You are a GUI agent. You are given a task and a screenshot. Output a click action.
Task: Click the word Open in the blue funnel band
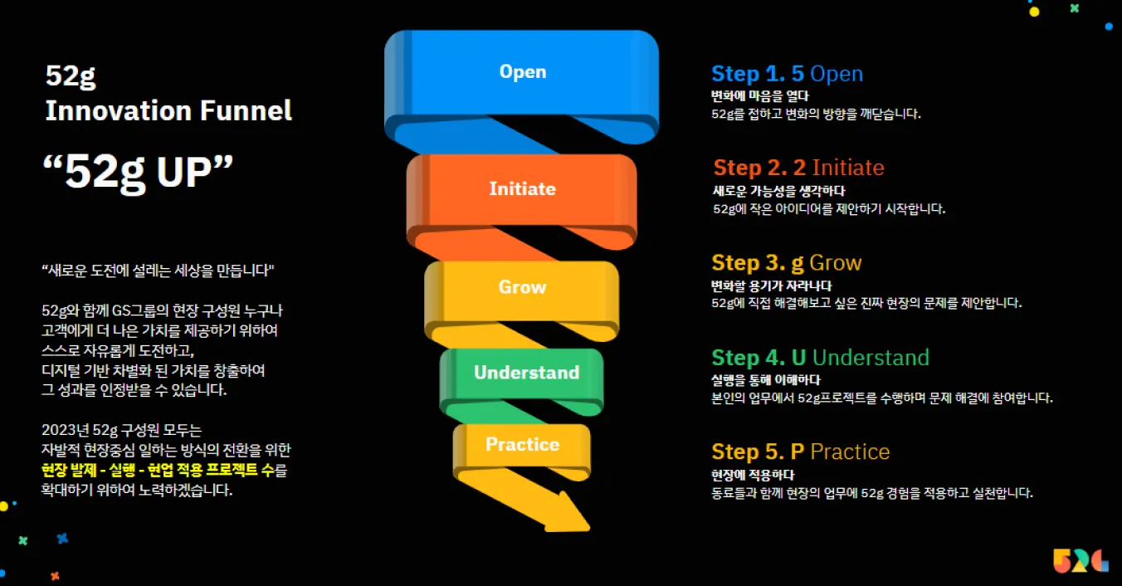coord(523,71)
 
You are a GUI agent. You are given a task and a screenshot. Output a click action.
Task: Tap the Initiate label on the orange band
coord(523,188)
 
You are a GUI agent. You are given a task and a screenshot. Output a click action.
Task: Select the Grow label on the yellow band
coord(522,287)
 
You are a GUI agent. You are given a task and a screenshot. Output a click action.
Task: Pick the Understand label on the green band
coord(526,372)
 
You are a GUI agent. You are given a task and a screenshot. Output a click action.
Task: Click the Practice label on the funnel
coord(522,444)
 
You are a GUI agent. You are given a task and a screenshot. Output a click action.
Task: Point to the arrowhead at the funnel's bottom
coord(568,514)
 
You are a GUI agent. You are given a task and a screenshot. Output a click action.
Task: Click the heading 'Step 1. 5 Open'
coord(787,74)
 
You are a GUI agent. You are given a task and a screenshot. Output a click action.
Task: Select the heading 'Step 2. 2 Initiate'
coord(798,168)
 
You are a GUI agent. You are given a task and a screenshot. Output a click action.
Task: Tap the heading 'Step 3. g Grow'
coord(787,263)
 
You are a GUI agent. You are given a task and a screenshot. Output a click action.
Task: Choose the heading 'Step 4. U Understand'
coord(820,358)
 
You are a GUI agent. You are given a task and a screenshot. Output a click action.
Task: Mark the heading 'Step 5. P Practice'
coord(801,452)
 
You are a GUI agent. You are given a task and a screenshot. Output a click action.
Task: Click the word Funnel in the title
coord(246,110)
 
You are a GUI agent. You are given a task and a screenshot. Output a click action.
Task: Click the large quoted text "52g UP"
coord(139,172)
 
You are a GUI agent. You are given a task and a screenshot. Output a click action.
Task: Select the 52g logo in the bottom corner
coord(1080,560)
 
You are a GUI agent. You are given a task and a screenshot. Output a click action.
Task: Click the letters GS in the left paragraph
coord(120,311)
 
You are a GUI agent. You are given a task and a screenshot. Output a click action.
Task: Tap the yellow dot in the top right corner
coord(1034,12)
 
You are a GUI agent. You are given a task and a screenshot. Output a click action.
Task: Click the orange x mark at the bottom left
coord(55,576)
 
